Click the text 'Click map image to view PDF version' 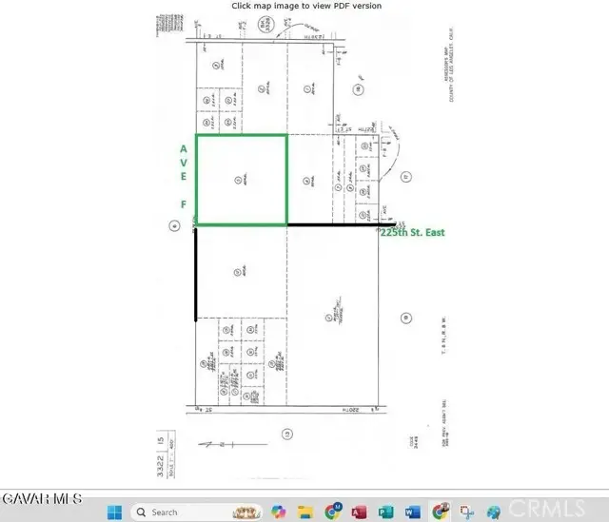[306, 6]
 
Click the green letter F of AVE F [182, 204]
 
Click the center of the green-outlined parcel [241, 180]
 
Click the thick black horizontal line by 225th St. [333, 225]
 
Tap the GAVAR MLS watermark [43, 498]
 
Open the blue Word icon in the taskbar [411, 512]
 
